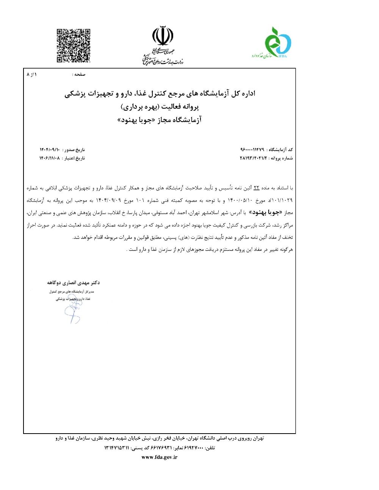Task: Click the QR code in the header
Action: pyautogui.click(x=74, y=45)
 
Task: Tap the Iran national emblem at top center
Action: pyautogui.click(x=163, y=36)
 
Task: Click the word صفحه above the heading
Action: pyautogui.click(x=80, y=75)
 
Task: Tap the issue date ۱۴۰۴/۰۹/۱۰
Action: pyautogui.click(x=50, y=150)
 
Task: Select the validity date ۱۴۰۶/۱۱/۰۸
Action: pyautogui.click(x=50, y=158)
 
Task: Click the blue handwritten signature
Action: pyautogui.click(x=73, y=313)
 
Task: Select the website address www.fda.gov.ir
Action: pyautogui.click(x=160, y=457)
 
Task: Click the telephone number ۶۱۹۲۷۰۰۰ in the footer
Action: pyautogui.click(x=194, y=448)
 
